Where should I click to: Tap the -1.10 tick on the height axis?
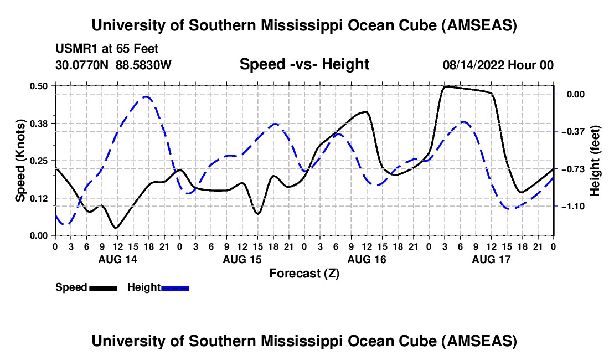(x=572, y=206)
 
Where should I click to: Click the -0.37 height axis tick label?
(x=572, y=131)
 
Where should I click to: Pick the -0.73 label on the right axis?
(x=572, y=169)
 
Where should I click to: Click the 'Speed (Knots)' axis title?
(x=20, y=160)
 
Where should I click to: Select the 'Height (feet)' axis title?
(x=595, y=160)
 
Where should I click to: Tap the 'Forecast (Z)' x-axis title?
(x=304, y=273)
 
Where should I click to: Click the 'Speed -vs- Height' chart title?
(x=304, y=64)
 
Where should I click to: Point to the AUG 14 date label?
(x=117, y=259)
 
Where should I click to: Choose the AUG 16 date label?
(x=366, y=259)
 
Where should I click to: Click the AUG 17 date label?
(x=491, y=259)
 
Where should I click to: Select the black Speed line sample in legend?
(x=102, y=288)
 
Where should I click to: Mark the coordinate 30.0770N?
(x=83, y=65)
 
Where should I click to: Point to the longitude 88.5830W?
(x=144, y=65)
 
